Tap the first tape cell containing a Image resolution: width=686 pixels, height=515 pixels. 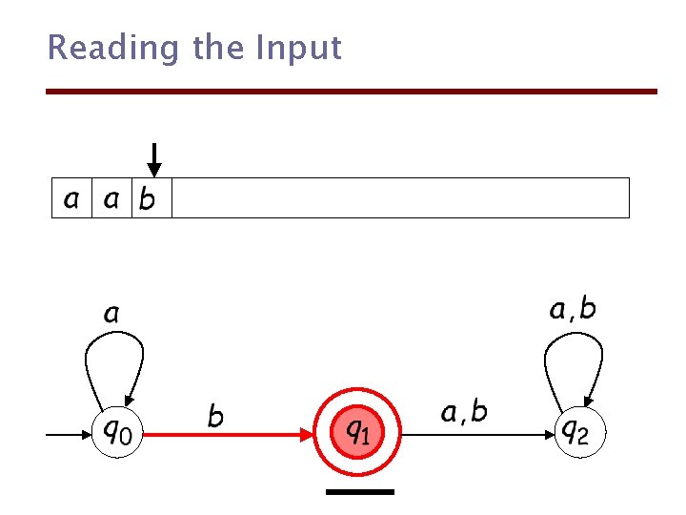coord(71,198)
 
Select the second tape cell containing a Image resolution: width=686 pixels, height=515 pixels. coord(111,198)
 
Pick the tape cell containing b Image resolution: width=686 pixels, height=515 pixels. coord(151,198)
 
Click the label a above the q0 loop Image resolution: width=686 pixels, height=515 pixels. coord(111,313)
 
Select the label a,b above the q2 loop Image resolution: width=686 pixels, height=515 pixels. coord(574,308)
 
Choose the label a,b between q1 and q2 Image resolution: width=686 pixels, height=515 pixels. coord(464,412)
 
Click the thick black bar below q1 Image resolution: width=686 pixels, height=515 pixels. coord(359,492)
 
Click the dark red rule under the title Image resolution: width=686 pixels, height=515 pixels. coord(353,92)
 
